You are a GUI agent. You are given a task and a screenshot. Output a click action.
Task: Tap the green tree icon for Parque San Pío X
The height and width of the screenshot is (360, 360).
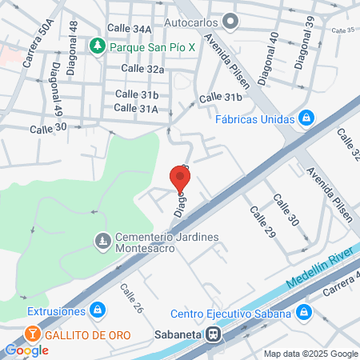98,46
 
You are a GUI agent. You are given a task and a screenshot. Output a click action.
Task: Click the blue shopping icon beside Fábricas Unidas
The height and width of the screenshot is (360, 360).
306,119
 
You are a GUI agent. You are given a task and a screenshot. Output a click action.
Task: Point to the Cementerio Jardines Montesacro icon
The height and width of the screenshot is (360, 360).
102,239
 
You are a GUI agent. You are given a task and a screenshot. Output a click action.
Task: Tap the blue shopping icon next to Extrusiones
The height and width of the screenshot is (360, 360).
96,310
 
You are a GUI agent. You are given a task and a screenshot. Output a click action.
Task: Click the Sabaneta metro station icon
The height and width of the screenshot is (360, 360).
212,336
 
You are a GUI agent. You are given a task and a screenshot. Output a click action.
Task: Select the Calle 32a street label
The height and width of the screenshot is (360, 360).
142,69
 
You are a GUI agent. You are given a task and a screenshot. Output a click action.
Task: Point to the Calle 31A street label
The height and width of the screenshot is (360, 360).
136,108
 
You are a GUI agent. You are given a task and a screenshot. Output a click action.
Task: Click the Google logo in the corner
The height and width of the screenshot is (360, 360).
27,350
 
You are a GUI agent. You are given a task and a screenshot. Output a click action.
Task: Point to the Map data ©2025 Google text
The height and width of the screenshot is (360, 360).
311,354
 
